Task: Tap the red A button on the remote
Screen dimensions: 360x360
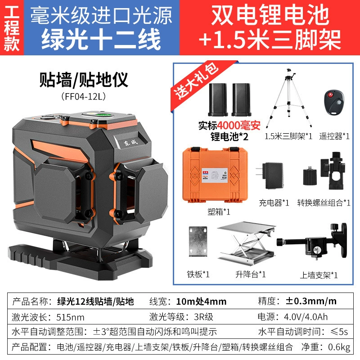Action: (x=330, y=95)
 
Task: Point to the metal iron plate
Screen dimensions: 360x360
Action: (x=198, y=241)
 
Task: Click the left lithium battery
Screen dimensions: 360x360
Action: (x=218, y=99)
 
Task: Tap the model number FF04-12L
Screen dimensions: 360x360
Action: (x=84, y=96)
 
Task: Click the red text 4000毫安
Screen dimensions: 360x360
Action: (x=238, y=126)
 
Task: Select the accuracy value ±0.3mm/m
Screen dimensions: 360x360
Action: (x=311, y=301)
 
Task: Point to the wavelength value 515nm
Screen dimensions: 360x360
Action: (x=70, y=317)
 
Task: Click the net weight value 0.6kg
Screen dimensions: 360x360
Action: (x=339, y=346)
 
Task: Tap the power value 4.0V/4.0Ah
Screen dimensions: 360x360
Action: (x=306, y=317)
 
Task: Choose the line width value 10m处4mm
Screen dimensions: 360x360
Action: (x=201, y=301)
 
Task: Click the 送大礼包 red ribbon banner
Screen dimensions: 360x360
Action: (x=197, y=81)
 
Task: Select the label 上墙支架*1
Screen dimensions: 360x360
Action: (x=319, y=275)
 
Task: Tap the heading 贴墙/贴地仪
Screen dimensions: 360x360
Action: (x=84, y=80)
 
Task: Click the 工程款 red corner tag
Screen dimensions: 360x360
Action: (x=12, y=27)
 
